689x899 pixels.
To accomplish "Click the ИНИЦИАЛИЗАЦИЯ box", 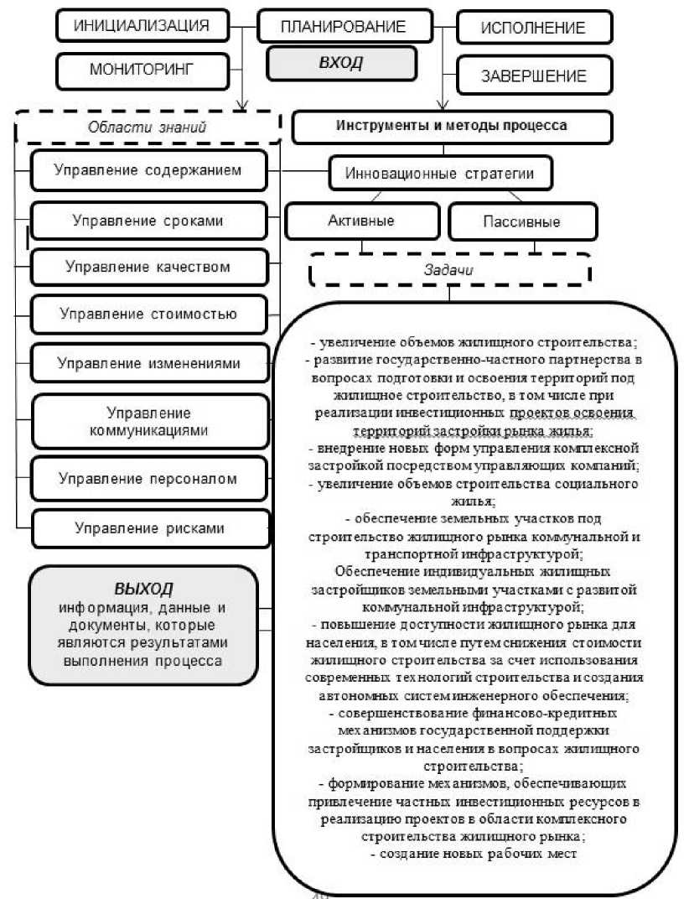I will (x=142, y=25).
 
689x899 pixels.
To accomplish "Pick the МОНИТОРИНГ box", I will (x=142, y=70).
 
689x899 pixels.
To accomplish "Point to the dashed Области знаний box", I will (x=148, y=127).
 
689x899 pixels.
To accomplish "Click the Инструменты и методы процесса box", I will (x=452, y=127).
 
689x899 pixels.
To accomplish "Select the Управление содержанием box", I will (x=148, y=170).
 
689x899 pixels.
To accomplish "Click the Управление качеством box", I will (x=148, y=268).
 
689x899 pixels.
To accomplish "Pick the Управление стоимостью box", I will (x=148, y=314).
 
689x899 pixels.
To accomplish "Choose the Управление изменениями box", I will (x=148, y=363).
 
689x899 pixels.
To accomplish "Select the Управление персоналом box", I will (x=148, y=479).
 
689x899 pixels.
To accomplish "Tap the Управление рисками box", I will (x=148, y=527).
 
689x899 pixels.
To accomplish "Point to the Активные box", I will (x=361, y=221).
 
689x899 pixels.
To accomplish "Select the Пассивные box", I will (x=521, y=222).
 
